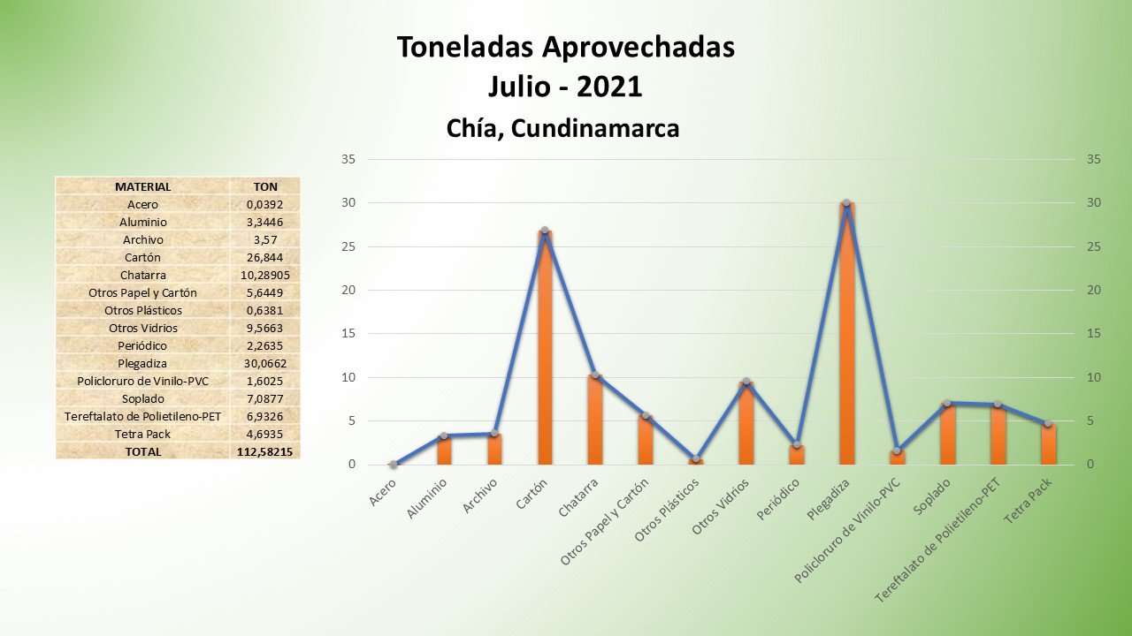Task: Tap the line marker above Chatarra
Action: [x=595, y=375]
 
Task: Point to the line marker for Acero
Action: [x=394, y=465]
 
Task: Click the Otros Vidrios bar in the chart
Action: [x=746, y=424]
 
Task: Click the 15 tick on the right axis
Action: [x=1094, y=334]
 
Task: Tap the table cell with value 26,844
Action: [x=264, y=257]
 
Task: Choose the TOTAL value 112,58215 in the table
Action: [x=265, y=451]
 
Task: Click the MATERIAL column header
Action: [x=142, y=186]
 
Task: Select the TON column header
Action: [x=264, y=186]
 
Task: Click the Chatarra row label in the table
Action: [x=142, y=275]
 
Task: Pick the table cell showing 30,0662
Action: [x=264, y=363]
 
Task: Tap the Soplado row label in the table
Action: [x=142, y=398]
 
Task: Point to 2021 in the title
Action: [x=608, y=87]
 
